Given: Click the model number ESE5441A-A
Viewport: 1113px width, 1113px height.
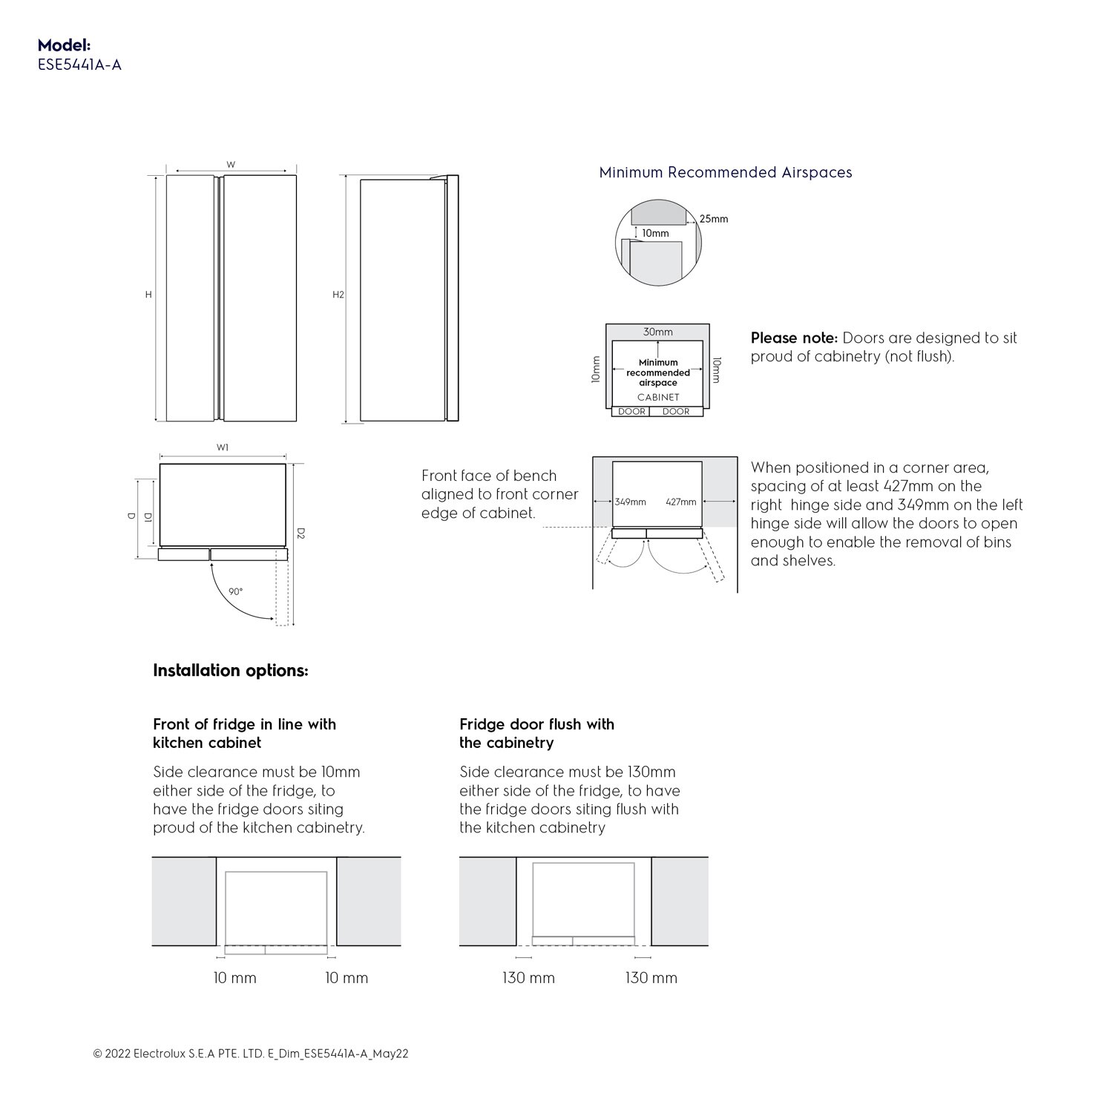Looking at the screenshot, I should pos(79,65).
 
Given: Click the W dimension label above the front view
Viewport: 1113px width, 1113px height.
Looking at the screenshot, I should pos(231,165).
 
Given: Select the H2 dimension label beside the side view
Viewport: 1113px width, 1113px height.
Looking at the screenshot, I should pos(338,295).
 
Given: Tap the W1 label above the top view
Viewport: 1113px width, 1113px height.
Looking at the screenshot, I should pos(223,447).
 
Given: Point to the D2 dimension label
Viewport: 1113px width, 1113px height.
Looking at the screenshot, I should pos(301,533).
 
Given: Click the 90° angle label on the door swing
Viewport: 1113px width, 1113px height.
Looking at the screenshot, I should pos(235,591).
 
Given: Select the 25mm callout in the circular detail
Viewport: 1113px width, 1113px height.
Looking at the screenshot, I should pos(714,219).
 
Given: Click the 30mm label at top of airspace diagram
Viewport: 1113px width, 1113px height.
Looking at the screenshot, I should pos(657,332).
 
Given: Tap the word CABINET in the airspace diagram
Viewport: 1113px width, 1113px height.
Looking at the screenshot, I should pos(658,397).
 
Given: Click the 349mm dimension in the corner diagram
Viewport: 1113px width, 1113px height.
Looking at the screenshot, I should pos(630,502).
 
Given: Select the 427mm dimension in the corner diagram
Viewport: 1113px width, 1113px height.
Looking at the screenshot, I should pos(680,502).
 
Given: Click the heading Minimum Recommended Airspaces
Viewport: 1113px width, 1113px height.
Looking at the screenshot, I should pos(725,173).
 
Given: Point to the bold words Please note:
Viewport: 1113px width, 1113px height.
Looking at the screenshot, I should pos(793,338).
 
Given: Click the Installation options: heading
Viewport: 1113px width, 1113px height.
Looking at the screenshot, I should pos(230,671).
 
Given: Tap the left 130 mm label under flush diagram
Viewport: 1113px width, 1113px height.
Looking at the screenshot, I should pos(528,978).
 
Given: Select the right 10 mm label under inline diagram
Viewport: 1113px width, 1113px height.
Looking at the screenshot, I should pos(347,978).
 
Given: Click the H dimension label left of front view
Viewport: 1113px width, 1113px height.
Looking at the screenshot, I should pos(148,295).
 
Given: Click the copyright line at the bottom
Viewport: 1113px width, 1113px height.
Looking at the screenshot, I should pos(251,1054).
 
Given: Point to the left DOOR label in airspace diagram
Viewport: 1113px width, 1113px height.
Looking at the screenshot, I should pos(631,411).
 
